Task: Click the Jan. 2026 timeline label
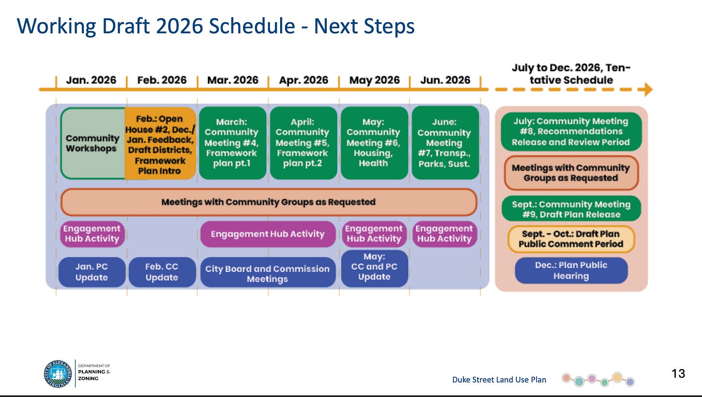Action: [x=91, y=80]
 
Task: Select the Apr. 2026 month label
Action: [x=303, y=80]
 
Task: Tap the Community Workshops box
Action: [x=92, y=143]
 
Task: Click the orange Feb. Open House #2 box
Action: [x=161, y=144]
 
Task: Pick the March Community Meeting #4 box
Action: [x=231, y=143]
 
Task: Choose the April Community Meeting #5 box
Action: [x=303, y=143]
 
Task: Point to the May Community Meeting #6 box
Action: [x=374, y=143]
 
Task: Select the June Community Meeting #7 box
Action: [x=445, y=143]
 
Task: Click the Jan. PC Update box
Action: [x=92, y=272]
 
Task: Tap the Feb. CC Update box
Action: [x=162, y=272]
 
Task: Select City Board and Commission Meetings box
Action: [x=268, y=273]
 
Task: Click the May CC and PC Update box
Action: [x=374, y=267]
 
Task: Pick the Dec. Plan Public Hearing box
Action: [x=571, y=270]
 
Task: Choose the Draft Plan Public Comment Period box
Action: [x=571, y=239]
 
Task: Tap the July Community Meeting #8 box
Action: [x=571, y=132]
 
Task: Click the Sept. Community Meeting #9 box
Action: [x=571, y=209]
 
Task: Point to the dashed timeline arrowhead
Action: [x=648, y=89]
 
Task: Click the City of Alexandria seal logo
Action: [x=58, y=373]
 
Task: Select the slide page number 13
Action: [x=678, y=373]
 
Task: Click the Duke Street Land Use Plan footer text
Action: [x=499, y=380]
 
